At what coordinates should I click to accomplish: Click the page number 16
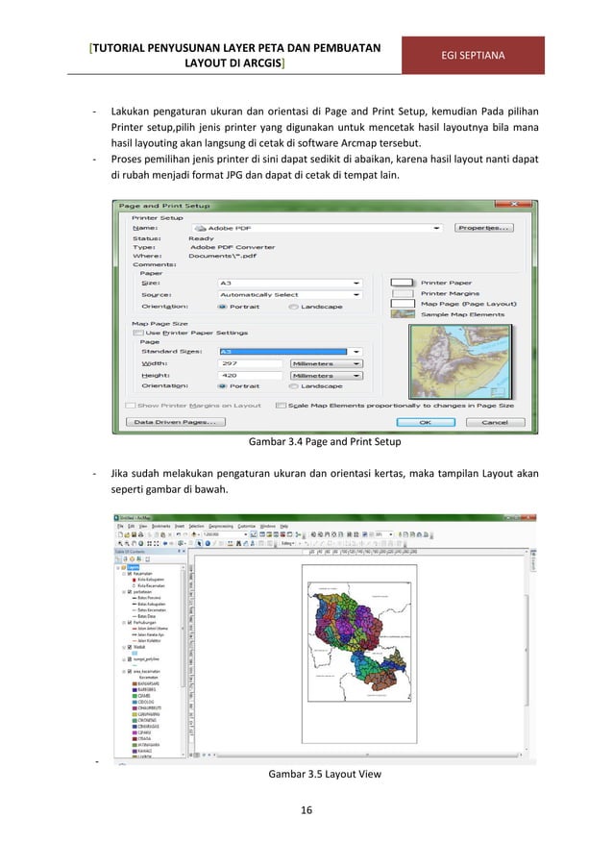tap(306, 811)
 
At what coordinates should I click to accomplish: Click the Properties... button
tap(483, 228)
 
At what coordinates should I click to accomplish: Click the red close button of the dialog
tap(525, 206)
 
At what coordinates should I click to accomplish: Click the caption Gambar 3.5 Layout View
tap(306, 772)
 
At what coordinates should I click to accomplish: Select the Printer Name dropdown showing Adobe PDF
tap(317, 228)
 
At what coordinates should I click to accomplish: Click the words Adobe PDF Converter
tap(232, 247)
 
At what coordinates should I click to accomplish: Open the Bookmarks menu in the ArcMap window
tap(161, 527)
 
